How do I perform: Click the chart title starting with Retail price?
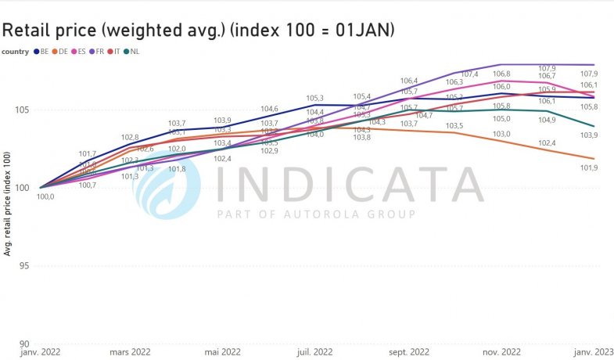coord(198,30)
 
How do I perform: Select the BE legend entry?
coord(41,52)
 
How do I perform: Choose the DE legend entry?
coord(60,52)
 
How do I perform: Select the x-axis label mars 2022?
coord(129,352)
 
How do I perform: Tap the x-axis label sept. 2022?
coord(408,352)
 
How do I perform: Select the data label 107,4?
coord(469,74)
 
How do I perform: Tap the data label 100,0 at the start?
coord(46,196)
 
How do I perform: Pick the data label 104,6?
coord(269,109)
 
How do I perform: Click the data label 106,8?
coord(501,74)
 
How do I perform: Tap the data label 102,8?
coord(129,138)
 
